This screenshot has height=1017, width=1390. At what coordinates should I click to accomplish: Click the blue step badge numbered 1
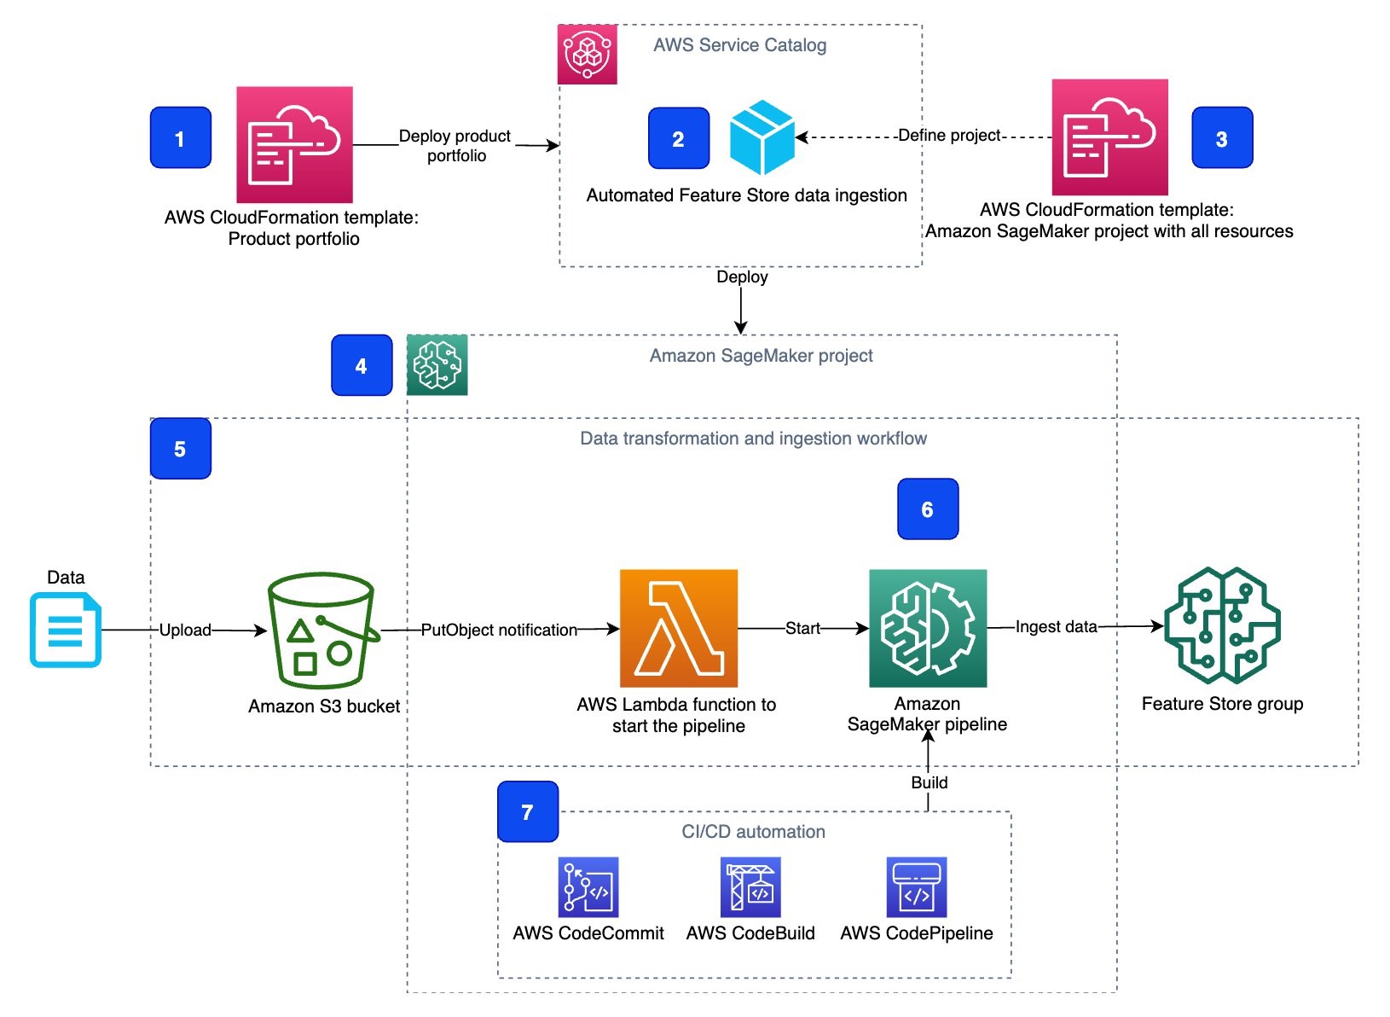point(180,137)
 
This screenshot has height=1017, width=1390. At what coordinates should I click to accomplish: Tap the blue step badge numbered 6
point(928,509)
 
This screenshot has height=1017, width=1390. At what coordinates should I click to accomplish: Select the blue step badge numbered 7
point(527,812)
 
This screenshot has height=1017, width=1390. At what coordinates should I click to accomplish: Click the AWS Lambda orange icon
point(678,628)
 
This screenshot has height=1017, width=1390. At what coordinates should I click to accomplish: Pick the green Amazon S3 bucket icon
point(322,631)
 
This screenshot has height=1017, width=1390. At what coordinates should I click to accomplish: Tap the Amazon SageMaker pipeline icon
point(928,628)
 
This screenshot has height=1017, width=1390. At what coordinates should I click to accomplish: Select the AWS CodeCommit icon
point(588,887)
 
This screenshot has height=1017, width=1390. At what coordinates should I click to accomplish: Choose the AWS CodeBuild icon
point(750,887)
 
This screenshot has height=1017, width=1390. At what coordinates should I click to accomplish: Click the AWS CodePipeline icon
point(917,887)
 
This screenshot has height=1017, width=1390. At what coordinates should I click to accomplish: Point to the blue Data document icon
point(66,631)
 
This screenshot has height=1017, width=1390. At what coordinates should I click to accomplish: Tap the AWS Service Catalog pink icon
point(587,55)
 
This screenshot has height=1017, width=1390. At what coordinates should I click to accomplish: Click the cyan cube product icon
point(762,137)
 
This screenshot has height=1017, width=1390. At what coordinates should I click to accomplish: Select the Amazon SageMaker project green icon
point(437,365)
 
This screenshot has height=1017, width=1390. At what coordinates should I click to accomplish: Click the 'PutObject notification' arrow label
point(499,630)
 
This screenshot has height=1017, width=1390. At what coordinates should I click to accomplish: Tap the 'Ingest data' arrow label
point(1056,627)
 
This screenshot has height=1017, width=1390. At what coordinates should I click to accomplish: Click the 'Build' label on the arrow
point(929,782)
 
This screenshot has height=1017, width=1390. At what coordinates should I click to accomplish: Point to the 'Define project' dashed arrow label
point(949,136)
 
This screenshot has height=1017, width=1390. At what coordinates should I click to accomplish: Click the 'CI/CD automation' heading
point(753,832)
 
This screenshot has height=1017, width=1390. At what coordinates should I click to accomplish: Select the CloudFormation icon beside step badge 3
point(1109,137)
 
